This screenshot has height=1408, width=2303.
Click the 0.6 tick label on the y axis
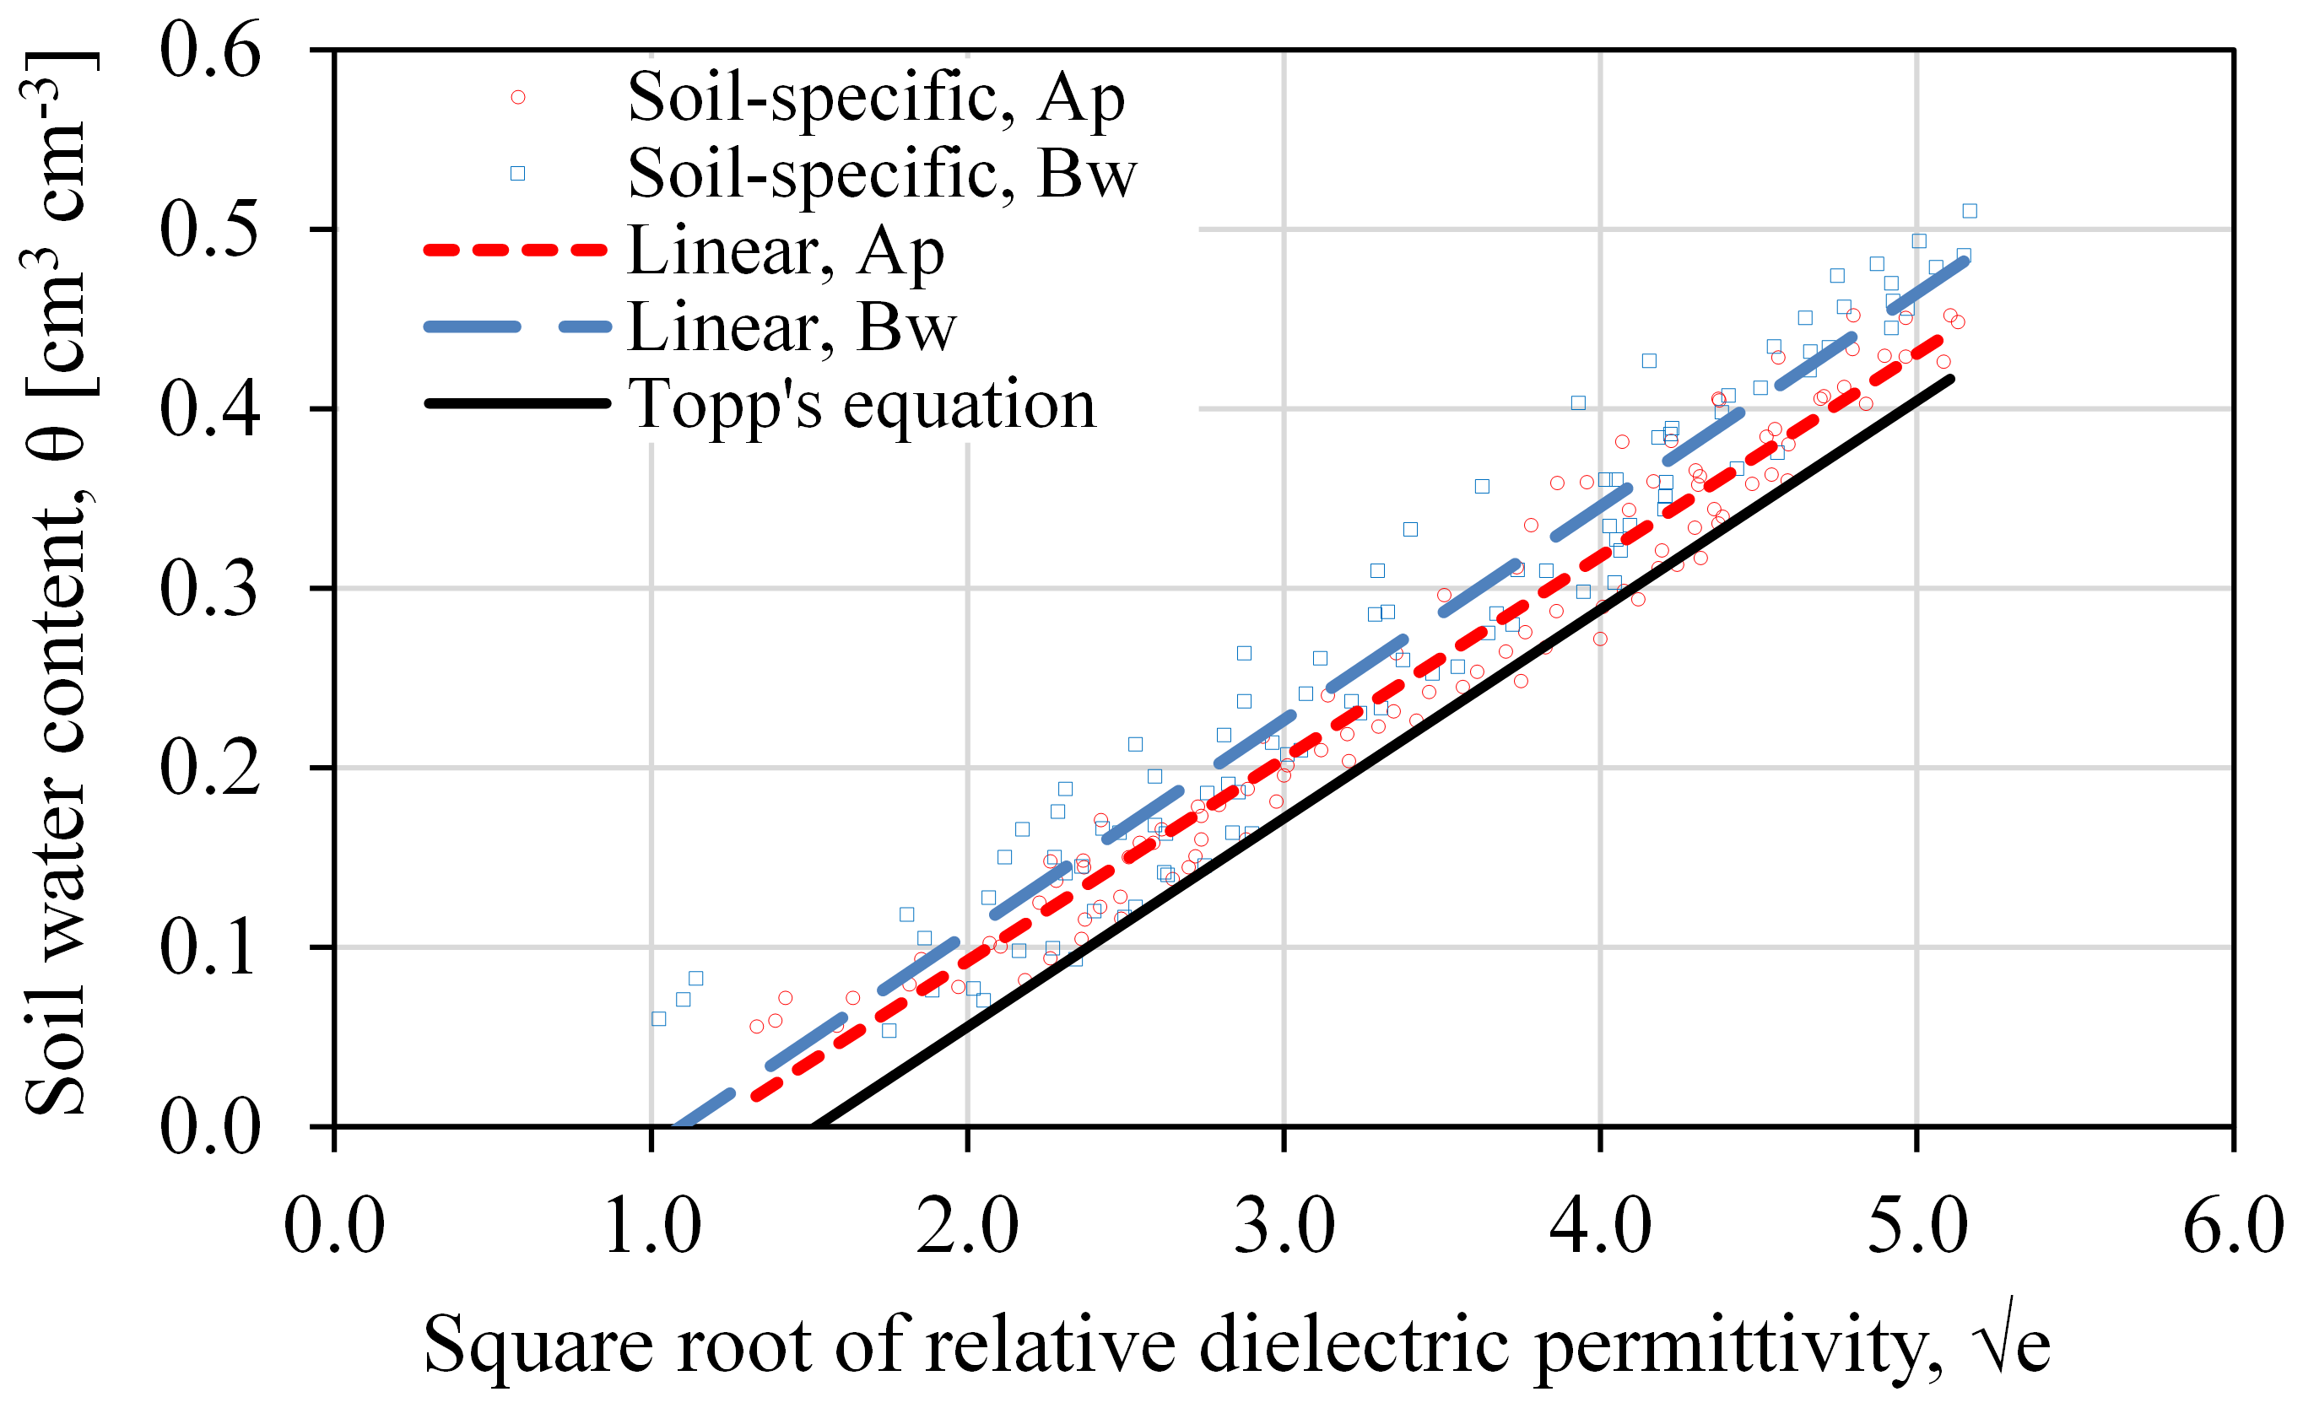[x=209, y=51]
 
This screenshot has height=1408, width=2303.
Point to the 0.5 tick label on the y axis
[x=209, y=229]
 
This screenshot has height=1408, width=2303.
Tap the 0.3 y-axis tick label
[x=209, y=589]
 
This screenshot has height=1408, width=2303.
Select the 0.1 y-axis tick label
[x=209, y=947]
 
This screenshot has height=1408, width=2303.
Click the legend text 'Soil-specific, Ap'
[x=876, y=97]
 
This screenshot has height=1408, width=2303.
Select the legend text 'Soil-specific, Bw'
[x=881, y=174]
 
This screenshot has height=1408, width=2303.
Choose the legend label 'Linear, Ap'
[x=785, y=251]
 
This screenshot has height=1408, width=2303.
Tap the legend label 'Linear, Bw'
[x=791, y=327]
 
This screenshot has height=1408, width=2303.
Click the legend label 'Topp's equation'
[x=861, y=405]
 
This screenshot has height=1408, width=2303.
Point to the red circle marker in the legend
[x=518, y=97]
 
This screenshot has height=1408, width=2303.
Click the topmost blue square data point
[x=1970, y=211]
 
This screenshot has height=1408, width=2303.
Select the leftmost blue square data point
[x=659, y=1018]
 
